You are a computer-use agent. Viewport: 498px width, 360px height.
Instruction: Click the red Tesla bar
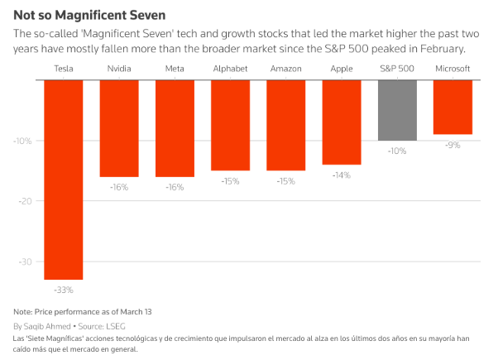[63, 179]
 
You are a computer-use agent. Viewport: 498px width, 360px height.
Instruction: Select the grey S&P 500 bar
[397, 110]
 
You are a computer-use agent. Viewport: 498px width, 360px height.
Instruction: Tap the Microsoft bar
[453, 107]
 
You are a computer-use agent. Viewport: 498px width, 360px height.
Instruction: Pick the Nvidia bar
[118, 127]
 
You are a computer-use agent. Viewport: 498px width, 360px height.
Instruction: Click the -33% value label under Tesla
[63, 290]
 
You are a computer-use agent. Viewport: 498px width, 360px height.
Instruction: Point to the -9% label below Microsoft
[453, 145]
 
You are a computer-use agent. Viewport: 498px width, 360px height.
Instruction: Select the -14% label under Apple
[341, 175]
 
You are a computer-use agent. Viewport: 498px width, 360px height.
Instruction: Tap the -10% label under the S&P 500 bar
[397, 151]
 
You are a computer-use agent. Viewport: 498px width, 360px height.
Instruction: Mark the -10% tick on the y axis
[22, 141]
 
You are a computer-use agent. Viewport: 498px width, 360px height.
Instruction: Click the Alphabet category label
[230, 70]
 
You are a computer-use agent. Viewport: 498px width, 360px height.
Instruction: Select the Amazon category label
[285, 70]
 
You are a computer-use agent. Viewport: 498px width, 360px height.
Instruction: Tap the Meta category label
[175, 70]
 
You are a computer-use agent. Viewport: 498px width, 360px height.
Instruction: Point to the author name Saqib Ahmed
[51, 326]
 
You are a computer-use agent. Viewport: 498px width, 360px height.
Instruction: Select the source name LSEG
[128, 326]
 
